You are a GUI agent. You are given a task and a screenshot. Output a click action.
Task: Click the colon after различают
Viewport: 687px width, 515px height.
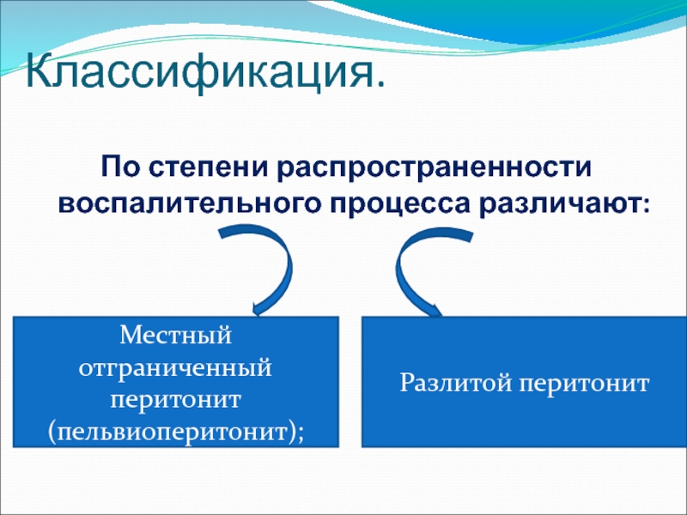646,206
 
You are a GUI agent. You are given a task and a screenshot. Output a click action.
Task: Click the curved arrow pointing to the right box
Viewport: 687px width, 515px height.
399,272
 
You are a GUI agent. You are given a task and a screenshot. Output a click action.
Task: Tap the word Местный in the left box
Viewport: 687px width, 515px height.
176,336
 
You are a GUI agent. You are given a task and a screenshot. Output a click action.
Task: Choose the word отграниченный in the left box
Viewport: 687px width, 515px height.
175,368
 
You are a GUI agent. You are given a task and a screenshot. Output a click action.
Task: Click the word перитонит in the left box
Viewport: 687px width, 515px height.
175,400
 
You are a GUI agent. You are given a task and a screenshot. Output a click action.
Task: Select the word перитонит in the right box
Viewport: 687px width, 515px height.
584,384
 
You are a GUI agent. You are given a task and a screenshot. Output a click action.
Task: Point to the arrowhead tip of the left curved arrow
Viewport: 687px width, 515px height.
256,315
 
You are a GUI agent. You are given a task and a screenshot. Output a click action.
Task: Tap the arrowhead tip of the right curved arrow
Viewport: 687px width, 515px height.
441,314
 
